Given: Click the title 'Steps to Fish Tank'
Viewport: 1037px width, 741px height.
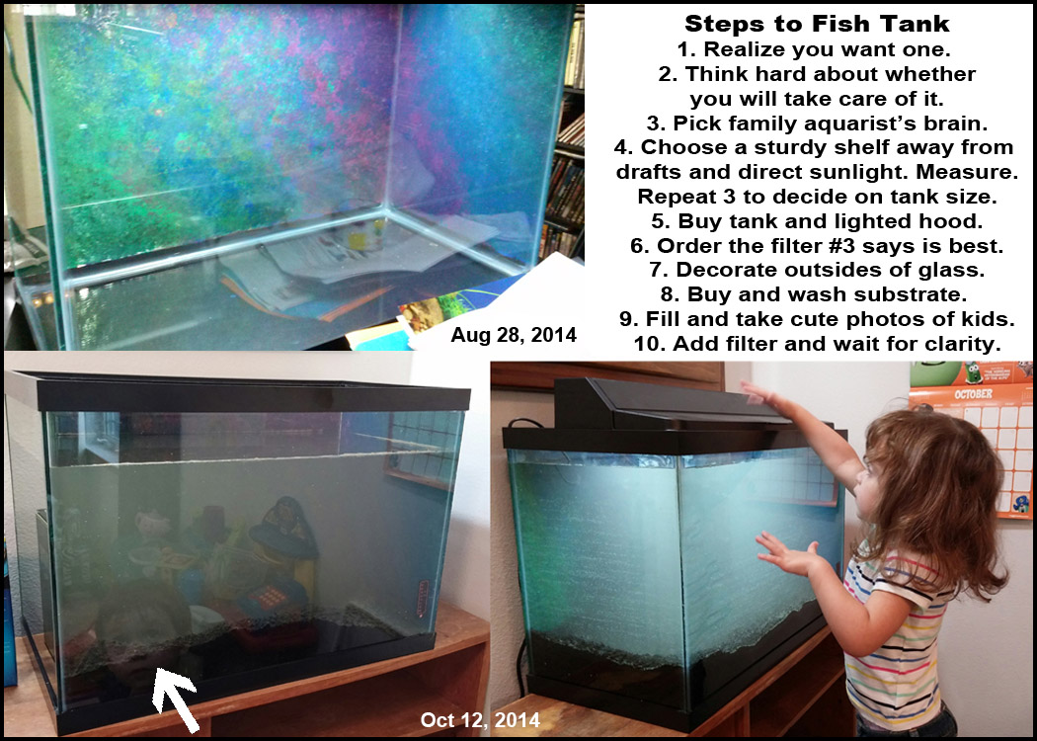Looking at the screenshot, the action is pyautogui.click(x=817, y=24).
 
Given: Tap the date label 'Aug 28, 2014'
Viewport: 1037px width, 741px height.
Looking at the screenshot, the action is pyautogui.click(x=514, y=335).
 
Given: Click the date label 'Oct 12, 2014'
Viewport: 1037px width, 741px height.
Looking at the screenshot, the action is pyautogui.click(x=480, y=720).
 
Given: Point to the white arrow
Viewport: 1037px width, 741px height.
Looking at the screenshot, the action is pyautogui.click(x=175, y=698).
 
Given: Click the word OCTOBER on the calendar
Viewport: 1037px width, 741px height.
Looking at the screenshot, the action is pyautogui.click(x=973, y=393).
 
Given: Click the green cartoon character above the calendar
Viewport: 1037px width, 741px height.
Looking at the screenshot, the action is pyautogui.click(x=972, y=371).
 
